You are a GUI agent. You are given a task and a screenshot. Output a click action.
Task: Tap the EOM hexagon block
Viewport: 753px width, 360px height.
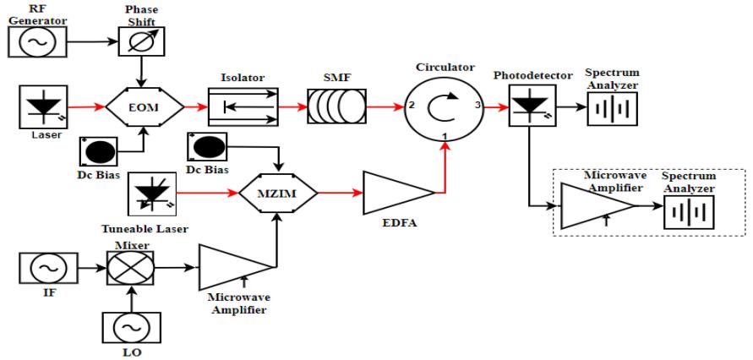[144, 107]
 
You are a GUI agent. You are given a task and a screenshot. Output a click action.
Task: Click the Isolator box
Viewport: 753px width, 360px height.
[243, 107]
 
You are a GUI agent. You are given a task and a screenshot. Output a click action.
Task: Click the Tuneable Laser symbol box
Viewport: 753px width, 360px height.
[150, 193]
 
